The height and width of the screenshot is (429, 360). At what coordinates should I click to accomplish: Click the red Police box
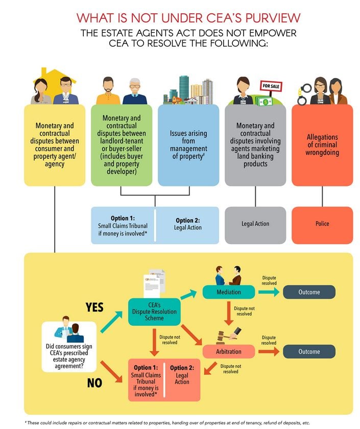click(322, 224)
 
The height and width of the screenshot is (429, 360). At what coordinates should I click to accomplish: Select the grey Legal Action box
click(255, 224)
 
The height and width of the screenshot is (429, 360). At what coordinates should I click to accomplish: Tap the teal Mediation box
click(229, 292)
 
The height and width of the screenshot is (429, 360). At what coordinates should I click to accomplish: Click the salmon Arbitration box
click(229, 351)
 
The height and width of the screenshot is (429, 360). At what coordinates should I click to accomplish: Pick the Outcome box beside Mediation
click(309, 292)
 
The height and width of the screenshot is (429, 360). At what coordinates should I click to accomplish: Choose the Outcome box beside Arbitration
click(309, 351)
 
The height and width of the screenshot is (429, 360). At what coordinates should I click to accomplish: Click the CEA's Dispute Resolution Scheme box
click(154, 312)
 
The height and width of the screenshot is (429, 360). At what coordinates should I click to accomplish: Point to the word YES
click(94, 307)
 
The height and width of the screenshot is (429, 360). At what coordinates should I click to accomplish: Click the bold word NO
click(94, 383)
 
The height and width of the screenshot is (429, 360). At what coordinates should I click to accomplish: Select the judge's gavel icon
click(227, 336)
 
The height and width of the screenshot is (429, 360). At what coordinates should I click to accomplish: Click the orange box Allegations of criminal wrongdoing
click(322, 145)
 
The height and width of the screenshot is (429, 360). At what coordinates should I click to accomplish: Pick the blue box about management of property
click(188, 145)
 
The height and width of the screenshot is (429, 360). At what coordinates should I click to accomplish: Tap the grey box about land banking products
click(255, 145)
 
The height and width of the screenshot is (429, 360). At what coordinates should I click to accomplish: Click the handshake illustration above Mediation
click(228, 275)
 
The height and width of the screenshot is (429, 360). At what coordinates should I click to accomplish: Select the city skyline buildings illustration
click(188, 92)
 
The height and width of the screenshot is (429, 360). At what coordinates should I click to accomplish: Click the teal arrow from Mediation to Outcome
click(268, 292)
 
